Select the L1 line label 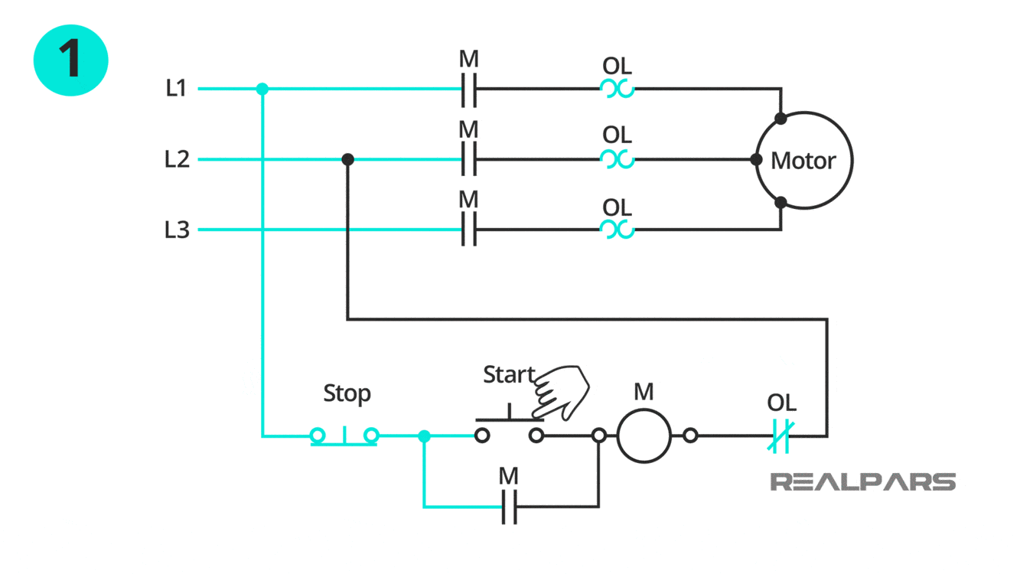click(x=176, y=89)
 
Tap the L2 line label click(x=176, y=159)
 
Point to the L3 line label click(x=176, y=230)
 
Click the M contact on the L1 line click(x=469, y=90)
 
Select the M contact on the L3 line click(x=469, y=230)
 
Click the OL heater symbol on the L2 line click(x=617, y=159)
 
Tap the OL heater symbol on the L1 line click(x=617, y=90)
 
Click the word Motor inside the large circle click(x=803, y=161)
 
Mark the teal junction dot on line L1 click(x=262, y=90)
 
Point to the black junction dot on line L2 click(x=347, y=159)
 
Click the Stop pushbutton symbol click(x=344, y=436)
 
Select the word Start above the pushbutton click(x=509, y=375)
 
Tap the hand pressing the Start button click(x=562, y=392)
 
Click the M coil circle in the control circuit click(x=644, y=435)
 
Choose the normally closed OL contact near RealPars click(x=781, y=436)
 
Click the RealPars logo click(x=862, y=482)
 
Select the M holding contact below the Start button click(x=510, y=507)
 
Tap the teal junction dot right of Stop click(x=424, y=436)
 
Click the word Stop click(x=347, y=393)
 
